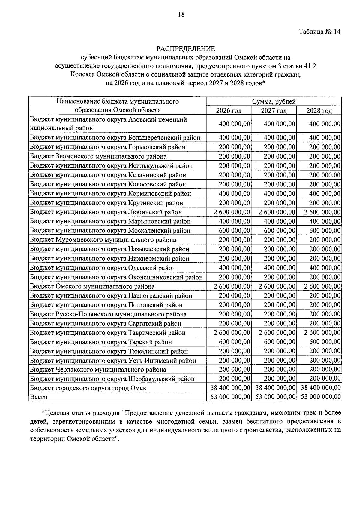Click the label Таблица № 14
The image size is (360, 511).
click(x=319, y=32)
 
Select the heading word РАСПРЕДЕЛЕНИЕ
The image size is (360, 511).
click(x=186, y=49)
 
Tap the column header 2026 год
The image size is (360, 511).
click(x=229, y=110)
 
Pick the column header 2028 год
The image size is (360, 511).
click(x=319, y=110)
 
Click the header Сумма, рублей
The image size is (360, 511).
click(x=274, y=101)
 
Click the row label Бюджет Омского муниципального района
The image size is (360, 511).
click(x=92, y=286)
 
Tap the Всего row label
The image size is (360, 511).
click(x=39, y=397)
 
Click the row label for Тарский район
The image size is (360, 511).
click(x=101, y=342)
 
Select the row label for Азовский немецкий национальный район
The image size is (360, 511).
click(x=108, y=124)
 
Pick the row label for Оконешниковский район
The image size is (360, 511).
click(x=116, y=277)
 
